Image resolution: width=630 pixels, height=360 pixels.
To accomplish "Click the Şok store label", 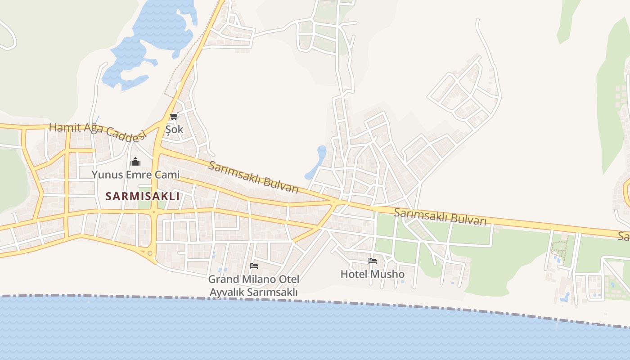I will click(175, 130).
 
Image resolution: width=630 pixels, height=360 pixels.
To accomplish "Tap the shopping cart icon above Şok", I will click(174, 117).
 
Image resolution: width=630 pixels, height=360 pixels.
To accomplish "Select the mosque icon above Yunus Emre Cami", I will click(135, 162).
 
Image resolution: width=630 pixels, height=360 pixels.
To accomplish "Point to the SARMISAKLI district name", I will click(142, 196).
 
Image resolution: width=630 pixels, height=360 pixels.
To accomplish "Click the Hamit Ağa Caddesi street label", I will click(98, 131).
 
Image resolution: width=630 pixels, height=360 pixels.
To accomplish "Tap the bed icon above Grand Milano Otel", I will click(254, 266).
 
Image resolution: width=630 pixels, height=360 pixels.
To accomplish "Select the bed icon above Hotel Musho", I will click(373, 261).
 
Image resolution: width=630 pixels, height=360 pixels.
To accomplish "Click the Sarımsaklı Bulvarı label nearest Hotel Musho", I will click(440, 216).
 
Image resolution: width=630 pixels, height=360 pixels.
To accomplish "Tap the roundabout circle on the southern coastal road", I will click(150, 253).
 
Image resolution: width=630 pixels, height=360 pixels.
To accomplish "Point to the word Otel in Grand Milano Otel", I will click(287, 279).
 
